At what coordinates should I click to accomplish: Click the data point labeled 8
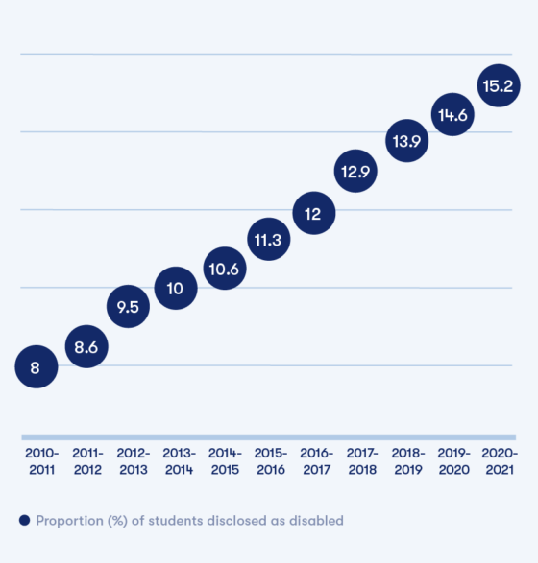36,366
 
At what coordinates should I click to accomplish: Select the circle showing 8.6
86,347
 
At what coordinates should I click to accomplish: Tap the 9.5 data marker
128,307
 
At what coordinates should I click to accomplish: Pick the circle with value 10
176,288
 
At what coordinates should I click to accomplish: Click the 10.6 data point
225,268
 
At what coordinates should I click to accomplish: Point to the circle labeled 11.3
269,240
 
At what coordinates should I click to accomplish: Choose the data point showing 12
313,214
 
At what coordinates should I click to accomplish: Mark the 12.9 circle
357,172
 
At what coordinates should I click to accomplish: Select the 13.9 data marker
406,141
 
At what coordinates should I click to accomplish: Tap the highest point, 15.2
499,86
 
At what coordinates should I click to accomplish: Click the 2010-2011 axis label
41,460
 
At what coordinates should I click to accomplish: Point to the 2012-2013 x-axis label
133,460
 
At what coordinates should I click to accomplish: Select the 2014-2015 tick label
224,460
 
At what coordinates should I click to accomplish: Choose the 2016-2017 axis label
315,460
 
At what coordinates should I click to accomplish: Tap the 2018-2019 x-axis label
406,460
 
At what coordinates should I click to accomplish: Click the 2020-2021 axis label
499,460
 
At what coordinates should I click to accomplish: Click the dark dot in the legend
24,521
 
